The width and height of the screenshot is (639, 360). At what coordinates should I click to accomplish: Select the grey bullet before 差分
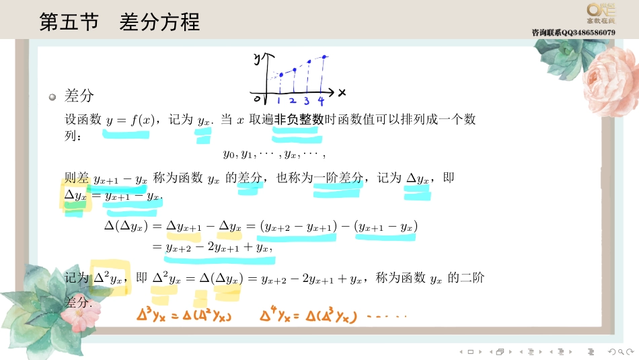point(52,97)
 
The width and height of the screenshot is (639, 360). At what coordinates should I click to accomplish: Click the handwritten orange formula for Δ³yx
point(184,314)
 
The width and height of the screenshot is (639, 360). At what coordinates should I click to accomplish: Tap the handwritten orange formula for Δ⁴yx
point(307,314)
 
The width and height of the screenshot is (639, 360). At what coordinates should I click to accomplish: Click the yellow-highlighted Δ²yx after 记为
point(108,277)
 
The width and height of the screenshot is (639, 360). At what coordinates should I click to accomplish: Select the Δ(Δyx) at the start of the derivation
point(126,226)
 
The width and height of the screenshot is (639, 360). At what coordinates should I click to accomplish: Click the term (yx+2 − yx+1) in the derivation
point(298,227)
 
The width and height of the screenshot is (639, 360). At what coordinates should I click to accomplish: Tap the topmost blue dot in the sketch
point(325,57)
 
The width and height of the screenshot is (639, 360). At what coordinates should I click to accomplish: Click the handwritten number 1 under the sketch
point(279,102)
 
